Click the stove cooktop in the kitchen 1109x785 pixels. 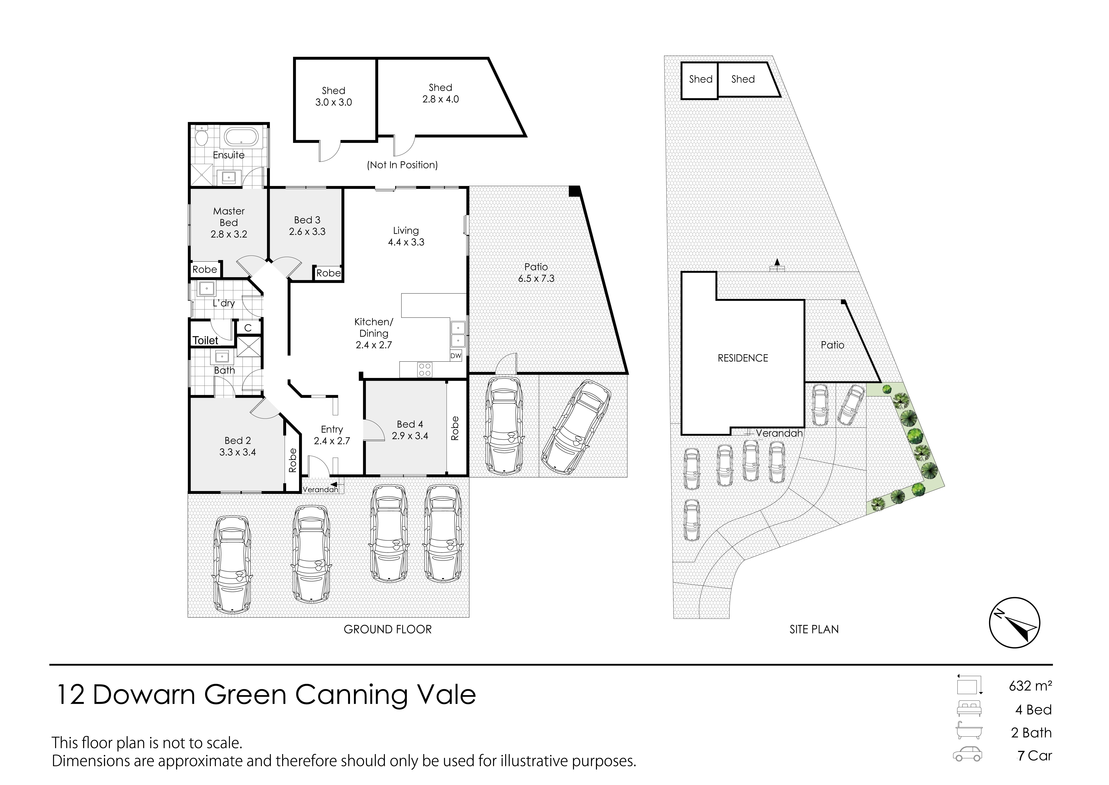[425, 370]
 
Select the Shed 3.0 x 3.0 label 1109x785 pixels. [333, 96]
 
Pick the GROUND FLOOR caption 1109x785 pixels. [387, 629]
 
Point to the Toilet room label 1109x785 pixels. [206, 340]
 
